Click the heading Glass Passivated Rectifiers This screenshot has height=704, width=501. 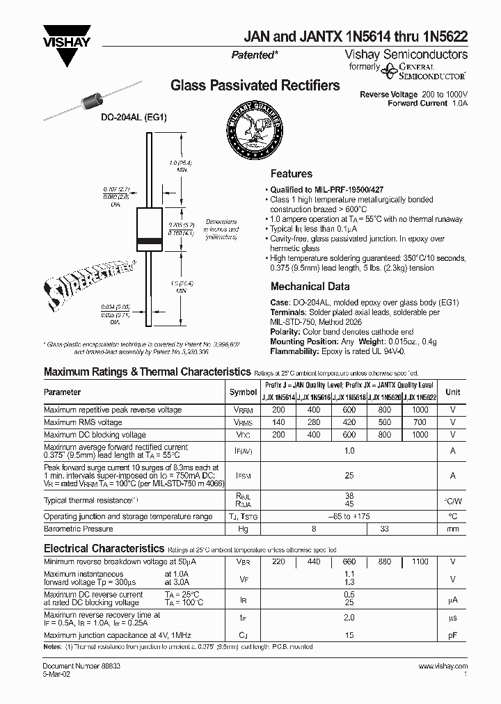click(255, 86)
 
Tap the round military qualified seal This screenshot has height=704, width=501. click(255, 128)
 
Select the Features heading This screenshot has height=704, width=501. click(291, 174)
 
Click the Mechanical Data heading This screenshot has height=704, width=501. click(310, 286)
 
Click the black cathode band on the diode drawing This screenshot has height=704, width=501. click(151, 241)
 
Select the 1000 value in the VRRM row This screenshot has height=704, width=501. click(420, 410)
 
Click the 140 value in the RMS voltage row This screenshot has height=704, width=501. click(278, 422)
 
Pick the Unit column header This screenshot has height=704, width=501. click(453, 392)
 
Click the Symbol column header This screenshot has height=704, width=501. click(243, 392)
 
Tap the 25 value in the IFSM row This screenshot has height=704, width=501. click(349, 475)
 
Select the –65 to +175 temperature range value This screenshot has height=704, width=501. click(349, 516)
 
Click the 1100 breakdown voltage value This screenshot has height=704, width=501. click(420, 561)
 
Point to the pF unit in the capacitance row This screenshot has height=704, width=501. click(453, 634)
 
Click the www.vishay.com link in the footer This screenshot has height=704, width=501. click(443, 666)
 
